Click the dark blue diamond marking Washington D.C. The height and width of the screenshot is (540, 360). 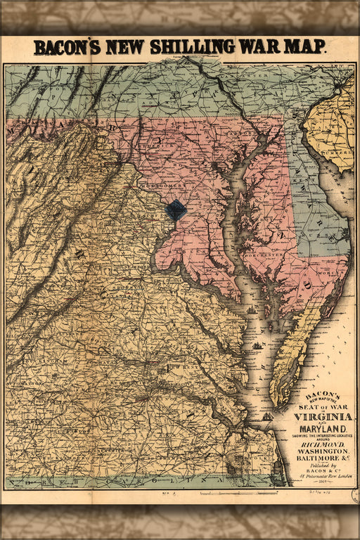pos(176,210)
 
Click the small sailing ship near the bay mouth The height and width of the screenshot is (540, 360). pos(259,345)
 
